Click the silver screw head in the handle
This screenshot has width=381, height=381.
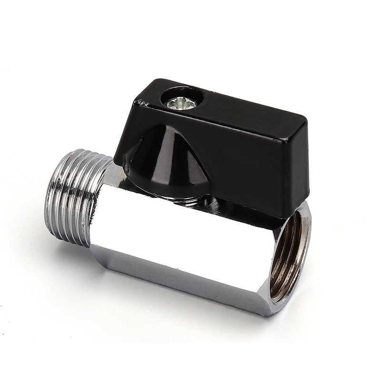coord(181,101)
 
